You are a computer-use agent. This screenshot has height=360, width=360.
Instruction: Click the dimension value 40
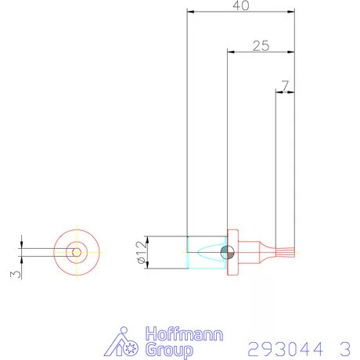point(241,5)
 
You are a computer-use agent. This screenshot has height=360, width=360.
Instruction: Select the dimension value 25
point(261,45)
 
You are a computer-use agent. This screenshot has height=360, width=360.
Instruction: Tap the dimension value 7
point(285,84)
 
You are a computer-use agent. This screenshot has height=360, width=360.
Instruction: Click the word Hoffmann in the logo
point(183,334)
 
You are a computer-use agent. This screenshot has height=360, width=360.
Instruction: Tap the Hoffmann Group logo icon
point(123,344)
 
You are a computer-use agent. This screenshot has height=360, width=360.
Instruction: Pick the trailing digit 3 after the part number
point(344,347)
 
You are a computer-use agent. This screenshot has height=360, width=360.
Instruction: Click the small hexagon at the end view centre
point(76,251)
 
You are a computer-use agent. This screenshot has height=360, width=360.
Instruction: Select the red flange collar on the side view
point(233,252)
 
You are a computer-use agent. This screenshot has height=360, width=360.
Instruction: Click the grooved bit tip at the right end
point(286,251)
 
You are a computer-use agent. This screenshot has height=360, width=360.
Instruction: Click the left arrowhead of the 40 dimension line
point(191,12)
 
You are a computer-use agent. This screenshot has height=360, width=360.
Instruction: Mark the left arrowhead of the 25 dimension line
point(230,52)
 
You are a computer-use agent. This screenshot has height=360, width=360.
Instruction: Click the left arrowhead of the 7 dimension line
point(278,92)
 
